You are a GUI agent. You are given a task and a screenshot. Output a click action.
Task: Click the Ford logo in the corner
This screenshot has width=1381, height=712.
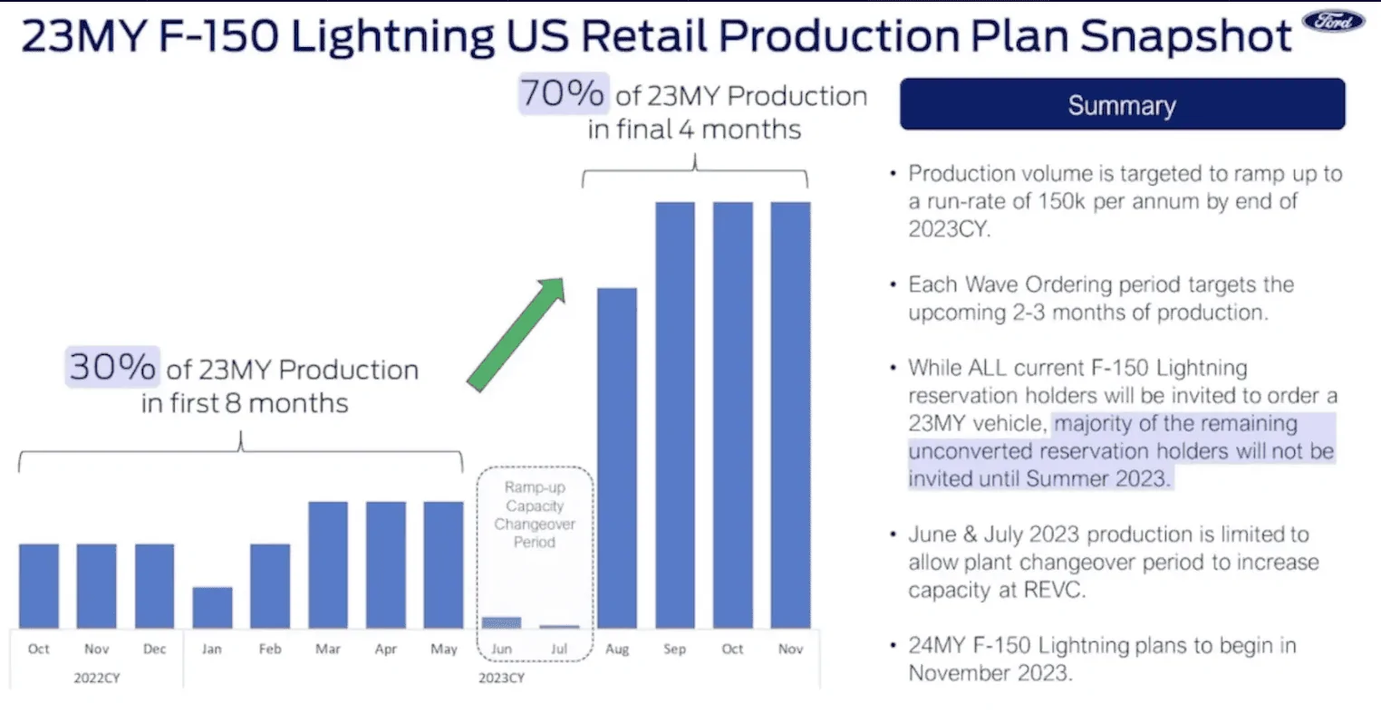point(1333,22)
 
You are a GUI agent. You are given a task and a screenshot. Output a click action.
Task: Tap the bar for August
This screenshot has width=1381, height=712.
point(616,457)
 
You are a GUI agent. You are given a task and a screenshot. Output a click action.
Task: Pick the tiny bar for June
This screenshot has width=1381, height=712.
point(501,622)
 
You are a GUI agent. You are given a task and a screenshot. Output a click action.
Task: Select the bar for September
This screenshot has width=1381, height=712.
point(674,414)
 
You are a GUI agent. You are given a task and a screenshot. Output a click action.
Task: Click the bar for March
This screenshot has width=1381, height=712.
point(328,564)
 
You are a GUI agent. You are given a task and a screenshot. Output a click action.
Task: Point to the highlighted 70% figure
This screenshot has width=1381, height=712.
point(562,93)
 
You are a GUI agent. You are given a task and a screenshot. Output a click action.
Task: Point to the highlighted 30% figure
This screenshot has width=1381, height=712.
point(112,367)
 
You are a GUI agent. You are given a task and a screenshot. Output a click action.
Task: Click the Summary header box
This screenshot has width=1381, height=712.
point(1122,105)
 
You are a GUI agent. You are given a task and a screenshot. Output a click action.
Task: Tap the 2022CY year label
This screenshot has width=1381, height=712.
point(97,678)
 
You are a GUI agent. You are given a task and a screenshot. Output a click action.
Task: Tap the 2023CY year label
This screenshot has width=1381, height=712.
point(501,678)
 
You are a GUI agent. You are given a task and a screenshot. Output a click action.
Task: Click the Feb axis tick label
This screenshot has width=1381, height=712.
point(270,649)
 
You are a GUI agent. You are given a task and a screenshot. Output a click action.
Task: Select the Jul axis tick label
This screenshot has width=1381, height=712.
point(559,649)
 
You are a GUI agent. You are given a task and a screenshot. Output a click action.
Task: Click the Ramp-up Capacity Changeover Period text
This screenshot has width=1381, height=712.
point(535,515)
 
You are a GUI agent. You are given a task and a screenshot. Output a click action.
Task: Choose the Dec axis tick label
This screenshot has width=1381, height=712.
point(154,649)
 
